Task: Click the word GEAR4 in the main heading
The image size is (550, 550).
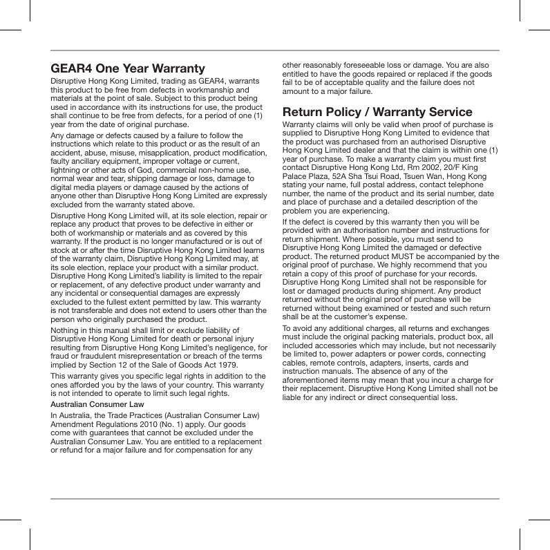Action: (x=71, y=68)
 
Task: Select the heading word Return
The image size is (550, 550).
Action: (x=306, y=112)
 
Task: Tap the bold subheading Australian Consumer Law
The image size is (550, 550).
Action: (x=97, y=404)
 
